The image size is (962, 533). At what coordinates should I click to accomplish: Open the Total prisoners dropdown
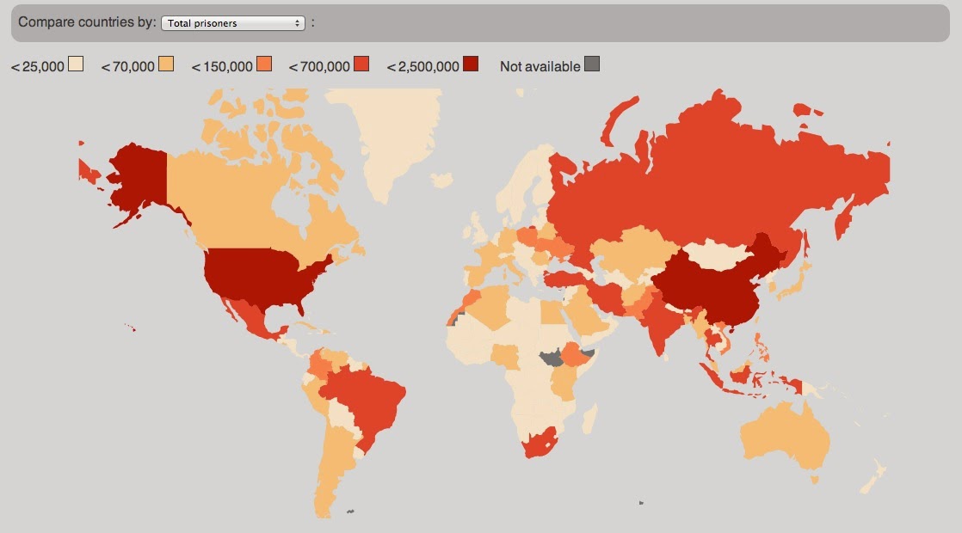pyautogui.click(x=233, y=23)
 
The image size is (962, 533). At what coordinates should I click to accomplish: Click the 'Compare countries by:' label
pyautogui.click(x=86, y=22)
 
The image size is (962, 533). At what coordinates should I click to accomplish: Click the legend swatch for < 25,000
pyautogui.click(x=76, y=64)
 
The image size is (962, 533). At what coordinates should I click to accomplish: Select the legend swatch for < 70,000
pyautogui.click(x=166, y=64)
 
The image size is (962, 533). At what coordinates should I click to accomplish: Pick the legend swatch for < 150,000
pyautogui.click(x=264, y=64)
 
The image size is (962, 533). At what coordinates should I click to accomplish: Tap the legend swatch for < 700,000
pyautogui.click(x=361, y=64)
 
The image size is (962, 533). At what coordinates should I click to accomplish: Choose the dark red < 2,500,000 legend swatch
pyautogui.click(x=471, y=64)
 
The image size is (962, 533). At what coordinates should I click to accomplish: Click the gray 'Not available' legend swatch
pyautogui.click(x=592, y=64)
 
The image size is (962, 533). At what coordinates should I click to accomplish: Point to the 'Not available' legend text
pyautogui.click(x=540, y=66)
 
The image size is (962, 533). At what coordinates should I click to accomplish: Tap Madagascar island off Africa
pyautogui.click(x=591, y=420)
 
